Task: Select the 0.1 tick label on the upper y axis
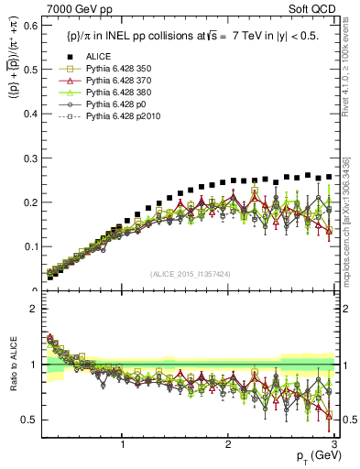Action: point(33,246)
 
